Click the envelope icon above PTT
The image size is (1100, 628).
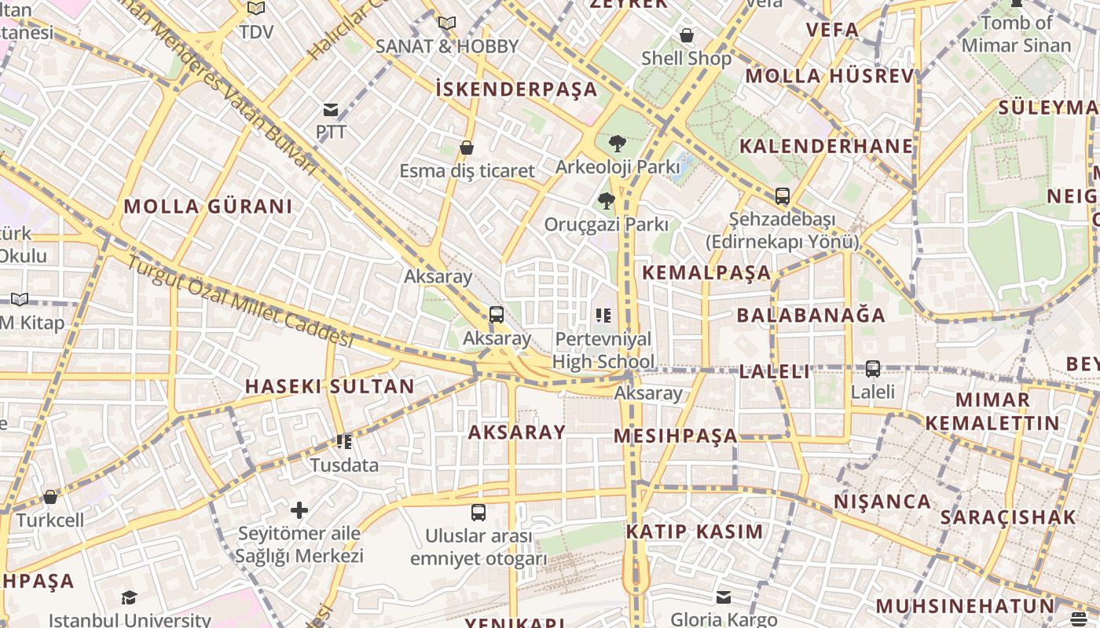coord(331,110)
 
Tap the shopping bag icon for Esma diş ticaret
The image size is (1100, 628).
coord(467,148)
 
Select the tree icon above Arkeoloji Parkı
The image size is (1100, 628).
coord(618,144)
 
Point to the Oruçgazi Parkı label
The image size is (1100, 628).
coord(607,225)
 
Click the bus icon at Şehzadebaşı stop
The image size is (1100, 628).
coord(782,196)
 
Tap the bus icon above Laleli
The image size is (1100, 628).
coord(872,368)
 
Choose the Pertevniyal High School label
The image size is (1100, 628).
coord(603,350)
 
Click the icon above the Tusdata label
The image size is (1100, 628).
coord(343,442)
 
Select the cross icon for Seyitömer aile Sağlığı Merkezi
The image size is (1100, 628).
coord(299,510)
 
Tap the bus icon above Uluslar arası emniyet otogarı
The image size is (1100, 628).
coord(478,513)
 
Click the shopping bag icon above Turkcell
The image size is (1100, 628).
coord(50,497)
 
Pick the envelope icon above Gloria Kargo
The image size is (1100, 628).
coord(723,597)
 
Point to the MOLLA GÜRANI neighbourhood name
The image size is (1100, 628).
coord(208,206)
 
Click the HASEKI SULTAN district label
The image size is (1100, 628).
coord(329,386)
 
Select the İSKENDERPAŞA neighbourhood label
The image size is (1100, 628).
coord(516,89)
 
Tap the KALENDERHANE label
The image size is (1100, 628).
coord(826,146)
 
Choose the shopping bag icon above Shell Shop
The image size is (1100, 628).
coord(686,35)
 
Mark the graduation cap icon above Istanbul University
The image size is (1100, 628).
coord(129,598)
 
